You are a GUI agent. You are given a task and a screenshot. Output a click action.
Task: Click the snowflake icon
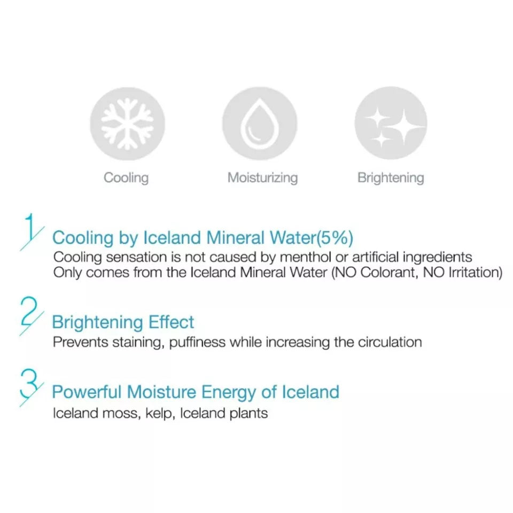click(x=127, y=123)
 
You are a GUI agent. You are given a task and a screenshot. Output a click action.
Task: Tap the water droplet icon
click(x=259, y=123)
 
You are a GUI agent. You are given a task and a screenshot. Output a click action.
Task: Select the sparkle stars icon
click(x=391, y=123)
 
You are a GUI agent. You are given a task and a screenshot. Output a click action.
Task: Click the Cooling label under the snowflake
click(x=126, y=177)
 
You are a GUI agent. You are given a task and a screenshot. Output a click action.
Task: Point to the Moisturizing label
click(x=262, y=177)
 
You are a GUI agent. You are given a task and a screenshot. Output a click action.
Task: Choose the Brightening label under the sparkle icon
click(x=391, y=177)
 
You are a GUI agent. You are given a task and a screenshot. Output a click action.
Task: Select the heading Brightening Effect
click(x=123, y=323)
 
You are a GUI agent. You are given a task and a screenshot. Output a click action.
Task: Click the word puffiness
click(x=197, y=342)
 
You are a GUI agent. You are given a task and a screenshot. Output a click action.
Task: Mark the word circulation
click(x=387, y=342)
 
